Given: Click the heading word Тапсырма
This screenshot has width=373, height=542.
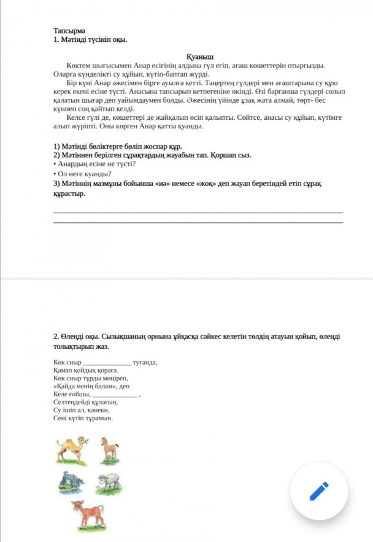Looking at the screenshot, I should click(69, 30).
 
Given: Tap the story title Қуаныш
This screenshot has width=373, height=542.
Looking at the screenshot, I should click(199, 56).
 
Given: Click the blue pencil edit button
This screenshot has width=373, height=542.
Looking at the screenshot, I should click(318, 491).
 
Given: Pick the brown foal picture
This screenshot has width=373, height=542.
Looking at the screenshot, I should click(109, 449).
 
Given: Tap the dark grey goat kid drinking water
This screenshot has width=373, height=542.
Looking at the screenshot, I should click(71, 483).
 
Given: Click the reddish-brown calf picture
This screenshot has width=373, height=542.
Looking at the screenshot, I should click(88, 516).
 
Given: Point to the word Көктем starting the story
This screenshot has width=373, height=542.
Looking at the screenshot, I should click(78, 65).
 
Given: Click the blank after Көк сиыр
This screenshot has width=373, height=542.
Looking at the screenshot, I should click(107, 363).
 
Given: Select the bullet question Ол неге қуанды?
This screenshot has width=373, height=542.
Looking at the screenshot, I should click(80, 174).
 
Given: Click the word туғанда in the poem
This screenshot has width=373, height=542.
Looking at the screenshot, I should click(145, 363).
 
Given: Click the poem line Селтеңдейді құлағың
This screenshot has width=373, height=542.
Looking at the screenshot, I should click(85, 403).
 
